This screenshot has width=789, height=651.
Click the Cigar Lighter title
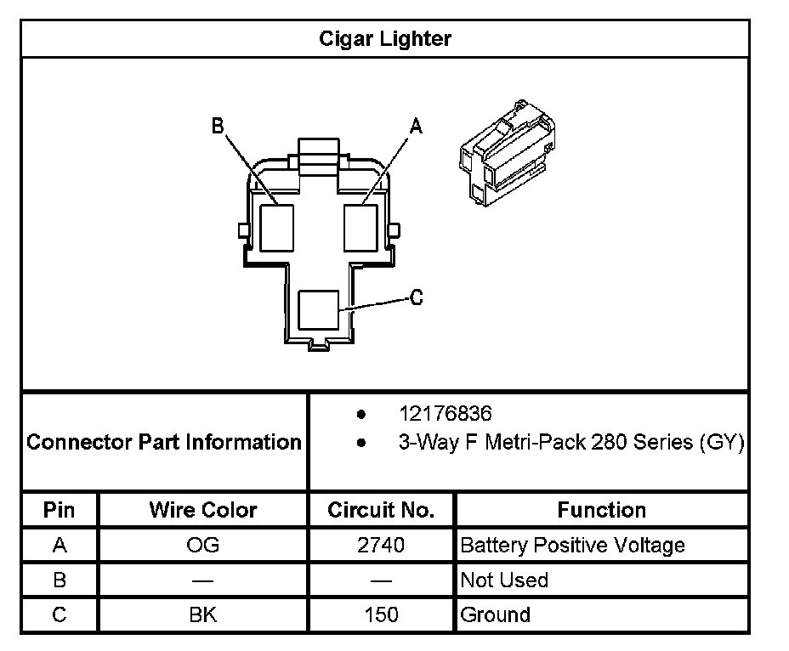[385, 39]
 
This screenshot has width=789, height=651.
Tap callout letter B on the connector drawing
[218, 127]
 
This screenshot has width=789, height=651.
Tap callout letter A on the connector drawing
[416, 127]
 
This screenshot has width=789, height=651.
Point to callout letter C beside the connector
[416, 297]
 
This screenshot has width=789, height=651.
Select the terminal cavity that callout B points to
[276, 227]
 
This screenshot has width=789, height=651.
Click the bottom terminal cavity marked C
[319, 311]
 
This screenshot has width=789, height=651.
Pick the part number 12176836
[446, 414]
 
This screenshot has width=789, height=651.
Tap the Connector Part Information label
[164, 443]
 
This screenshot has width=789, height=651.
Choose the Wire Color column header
[202, 510]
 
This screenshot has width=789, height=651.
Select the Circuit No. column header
[381, 510]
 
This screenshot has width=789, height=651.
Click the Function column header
[601, 510]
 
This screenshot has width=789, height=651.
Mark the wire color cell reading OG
[202, 545]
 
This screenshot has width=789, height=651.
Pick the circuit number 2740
[381, 545]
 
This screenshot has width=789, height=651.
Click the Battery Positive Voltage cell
[572, 545]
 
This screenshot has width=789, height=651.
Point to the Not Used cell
[503, 580]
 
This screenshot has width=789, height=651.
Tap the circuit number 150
[381, 614]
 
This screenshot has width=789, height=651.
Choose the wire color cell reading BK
[202, 614]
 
